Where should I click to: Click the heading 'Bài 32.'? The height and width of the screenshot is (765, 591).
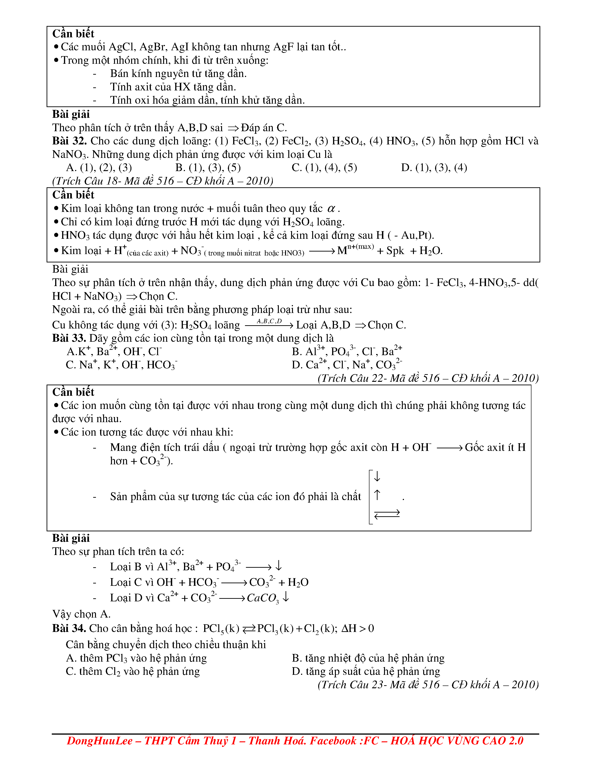coord(69,141)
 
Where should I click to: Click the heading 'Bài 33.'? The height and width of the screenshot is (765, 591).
coord(69,338)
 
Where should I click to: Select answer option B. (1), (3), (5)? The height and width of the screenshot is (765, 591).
coord(208,168)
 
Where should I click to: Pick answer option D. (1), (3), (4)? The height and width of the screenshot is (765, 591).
coord(434,168)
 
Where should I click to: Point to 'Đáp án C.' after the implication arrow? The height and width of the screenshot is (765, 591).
coord(264,127)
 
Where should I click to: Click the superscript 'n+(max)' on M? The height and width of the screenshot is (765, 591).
coord(360,247)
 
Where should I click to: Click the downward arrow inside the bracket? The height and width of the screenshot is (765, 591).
coord(377,476)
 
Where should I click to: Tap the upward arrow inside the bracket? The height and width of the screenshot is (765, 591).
coord(377,495)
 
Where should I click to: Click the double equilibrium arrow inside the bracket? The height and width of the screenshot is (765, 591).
coord(387,514)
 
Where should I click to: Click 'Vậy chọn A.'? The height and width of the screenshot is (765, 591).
coord(81,614)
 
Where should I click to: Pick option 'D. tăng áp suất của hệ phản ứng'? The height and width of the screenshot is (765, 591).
coord(366,672)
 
